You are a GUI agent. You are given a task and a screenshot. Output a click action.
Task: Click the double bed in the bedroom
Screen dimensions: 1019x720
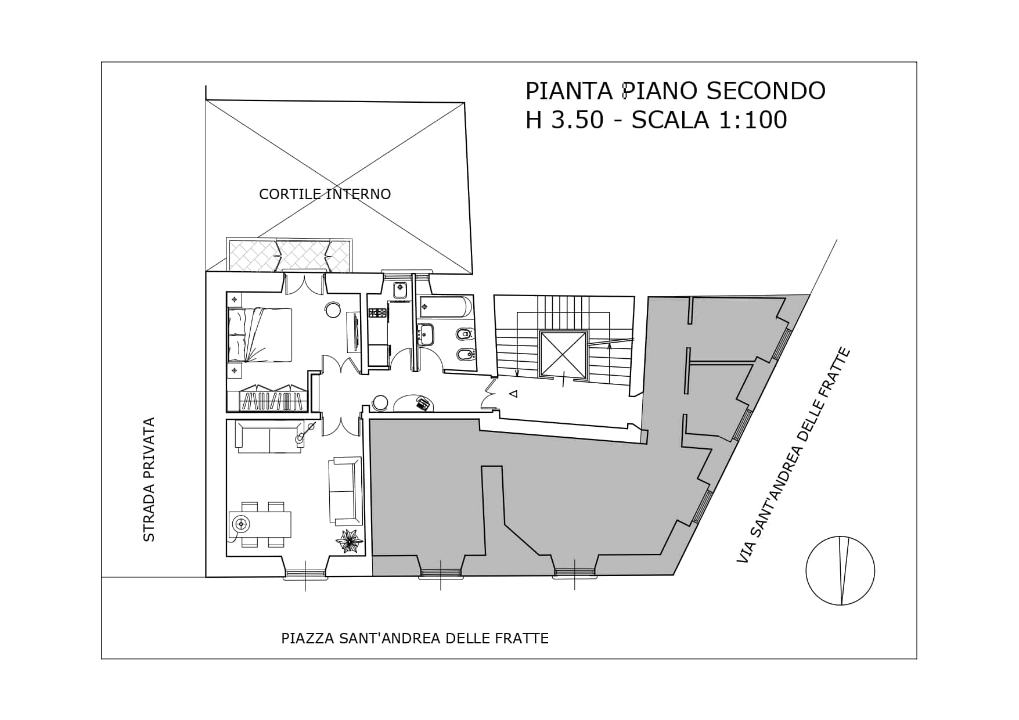click(260, 335)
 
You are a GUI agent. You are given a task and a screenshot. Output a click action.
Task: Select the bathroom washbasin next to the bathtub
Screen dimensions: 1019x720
click(426, 335)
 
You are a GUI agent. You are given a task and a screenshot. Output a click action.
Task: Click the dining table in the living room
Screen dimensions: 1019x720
click(260, 524)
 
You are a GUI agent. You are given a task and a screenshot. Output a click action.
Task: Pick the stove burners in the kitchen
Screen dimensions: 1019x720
click(377, 313)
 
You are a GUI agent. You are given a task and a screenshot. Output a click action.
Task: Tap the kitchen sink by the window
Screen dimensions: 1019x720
click(400, 290)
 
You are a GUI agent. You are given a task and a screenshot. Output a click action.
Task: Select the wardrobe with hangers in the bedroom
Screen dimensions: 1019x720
click(273, 398)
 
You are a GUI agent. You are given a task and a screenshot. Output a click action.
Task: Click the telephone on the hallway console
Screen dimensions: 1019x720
click(423, 403)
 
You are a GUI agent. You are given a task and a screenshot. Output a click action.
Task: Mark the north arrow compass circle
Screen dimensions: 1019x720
click(840, 571)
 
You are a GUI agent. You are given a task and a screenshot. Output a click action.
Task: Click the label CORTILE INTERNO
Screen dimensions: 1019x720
click(325, 194)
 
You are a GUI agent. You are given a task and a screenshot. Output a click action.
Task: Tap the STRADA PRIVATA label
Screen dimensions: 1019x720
click(149, 480)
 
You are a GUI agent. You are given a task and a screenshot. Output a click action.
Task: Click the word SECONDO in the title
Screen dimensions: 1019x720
click(766, 91)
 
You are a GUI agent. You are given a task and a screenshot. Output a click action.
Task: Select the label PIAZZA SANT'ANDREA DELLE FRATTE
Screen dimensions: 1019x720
click(415, 639)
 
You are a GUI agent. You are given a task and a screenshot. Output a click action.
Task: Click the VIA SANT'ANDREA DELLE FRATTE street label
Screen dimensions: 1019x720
click(793, 455)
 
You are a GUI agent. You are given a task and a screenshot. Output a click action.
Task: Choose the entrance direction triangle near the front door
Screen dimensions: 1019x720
click(513, 394)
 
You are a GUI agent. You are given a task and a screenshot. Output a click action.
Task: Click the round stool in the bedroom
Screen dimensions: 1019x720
click(333, 310)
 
